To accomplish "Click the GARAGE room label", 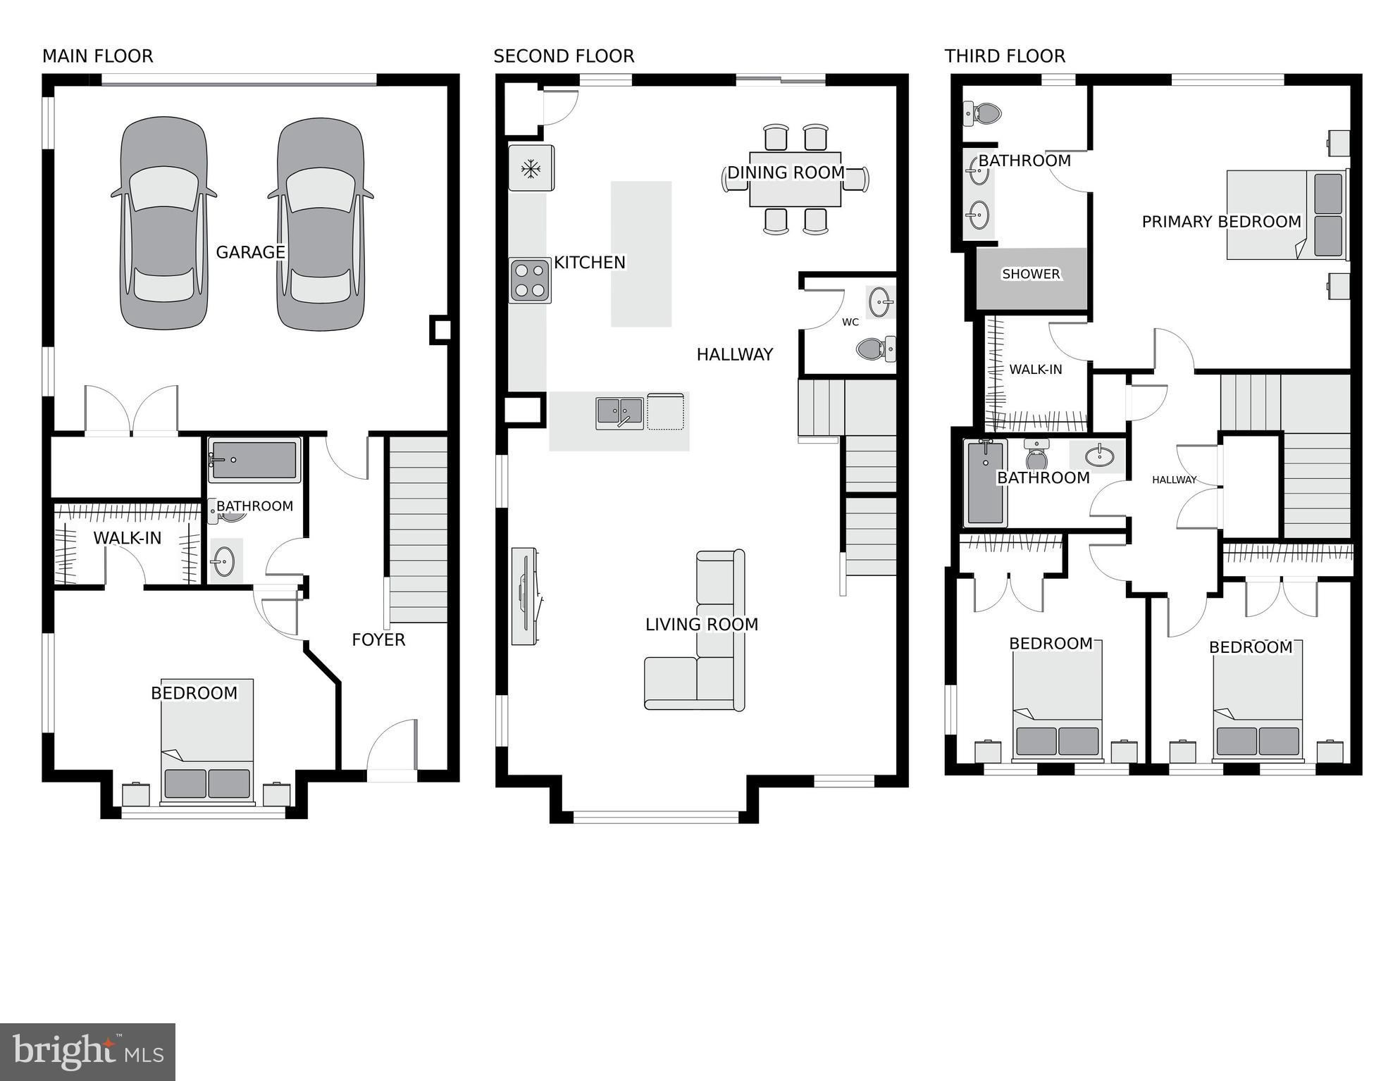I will [x=250, y=252].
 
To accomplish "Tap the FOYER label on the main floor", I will [x=378, y=639].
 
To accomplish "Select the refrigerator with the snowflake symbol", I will [x=531, y=168].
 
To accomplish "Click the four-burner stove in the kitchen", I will [x=530, y=280].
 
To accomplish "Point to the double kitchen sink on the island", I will [x=619, y=412].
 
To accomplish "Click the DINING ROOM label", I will [x=786, y=173].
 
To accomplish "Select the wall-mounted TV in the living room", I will [x=525, y=596].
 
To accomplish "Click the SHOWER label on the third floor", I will [x=1030, y=274].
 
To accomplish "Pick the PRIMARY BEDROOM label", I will [x=1221, y=222].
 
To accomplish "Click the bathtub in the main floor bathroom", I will [x=254, y=459].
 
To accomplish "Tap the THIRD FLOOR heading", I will [x=1005, y=56].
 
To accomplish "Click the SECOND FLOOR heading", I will [x=564, y=56].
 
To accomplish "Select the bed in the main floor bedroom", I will [x=206, y=743].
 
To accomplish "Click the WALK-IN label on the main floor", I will [x=128, y=538].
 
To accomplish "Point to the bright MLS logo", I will [x=87, y=1052].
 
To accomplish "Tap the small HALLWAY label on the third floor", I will [x=1174, y=480].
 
